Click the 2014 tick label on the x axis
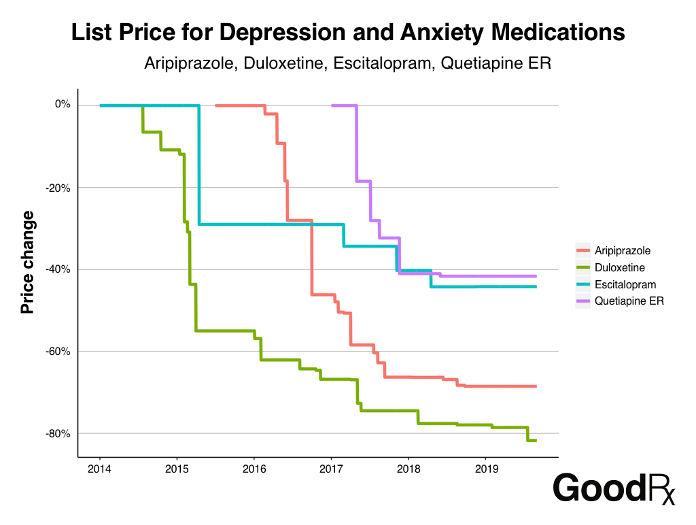coord(100,469)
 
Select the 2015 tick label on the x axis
coord(177,469)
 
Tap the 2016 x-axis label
coord(254,469)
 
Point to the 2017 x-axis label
coord(331,469)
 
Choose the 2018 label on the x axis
coord(408,469)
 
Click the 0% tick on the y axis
coord(63,105)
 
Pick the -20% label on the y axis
coord(59,187)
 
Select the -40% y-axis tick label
coord(59,269)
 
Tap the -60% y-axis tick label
coord(59,352)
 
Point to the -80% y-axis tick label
coord(59,434)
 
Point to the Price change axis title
coord(27,262)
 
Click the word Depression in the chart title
coord(284,33)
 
